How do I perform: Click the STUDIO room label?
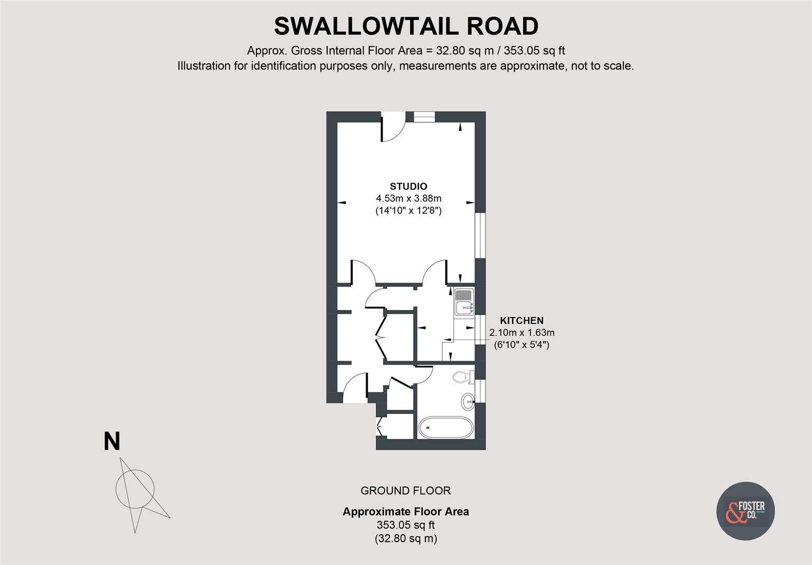point(408,186)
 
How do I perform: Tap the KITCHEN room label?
point(521,321)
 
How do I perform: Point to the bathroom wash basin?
point(468,402)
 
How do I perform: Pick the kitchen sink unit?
point(464,302)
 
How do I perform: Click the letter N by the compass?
point(112,442)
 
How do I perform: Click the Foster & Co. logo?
point(745,511)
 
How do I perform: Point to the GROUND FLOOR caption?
point(405,491)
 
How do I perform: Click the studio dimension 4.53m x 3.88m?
point(408,199)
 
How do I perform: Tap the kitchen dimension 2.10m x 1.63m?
point(521,333)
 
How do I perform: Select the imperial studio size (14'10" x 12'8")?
point(408,211)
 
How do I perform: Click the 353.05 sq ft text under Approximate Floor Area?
point(405,525)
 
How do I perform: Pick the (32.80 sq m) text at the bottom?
point(405,538)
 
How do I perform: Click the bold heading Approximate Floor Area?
point(405,512)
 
